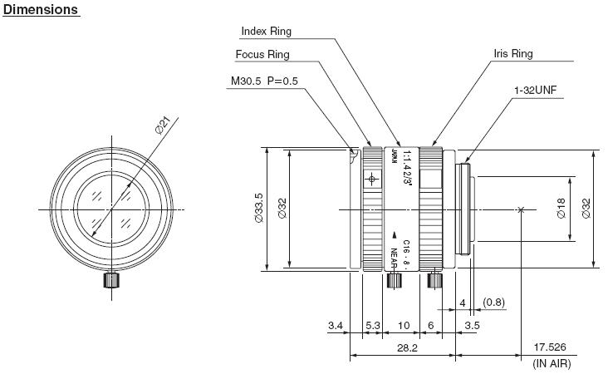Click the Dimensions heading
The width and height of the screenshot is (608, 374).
point(41,10)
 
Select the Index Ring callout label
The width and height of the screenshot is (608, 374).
point(266,32)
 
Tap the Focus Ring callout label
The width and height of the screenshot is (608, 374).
point(262,56)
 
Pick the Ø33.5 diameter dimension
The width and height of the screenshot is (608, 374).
point(258,209)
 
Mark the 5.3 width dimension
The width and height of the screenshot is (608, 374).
point(373,325)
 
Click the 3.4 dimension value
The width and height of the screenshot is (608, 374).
point(336,325)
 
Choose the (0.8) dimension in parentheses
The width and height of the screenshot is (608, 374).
point(493,301)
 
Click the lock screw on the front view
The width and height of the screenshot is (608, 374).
point(109,279)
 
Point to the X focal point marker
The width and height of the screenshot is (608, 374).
point(520,209)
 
